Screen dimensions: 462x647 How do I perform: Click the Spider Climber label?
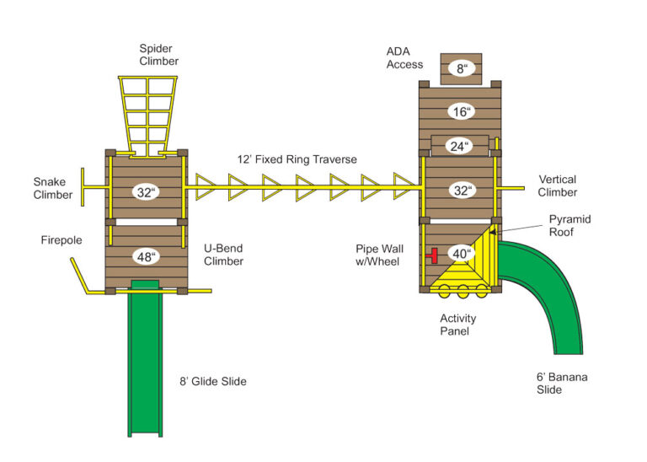point(158,54)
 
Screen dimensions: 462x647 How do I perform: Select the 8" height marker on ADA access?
point(462,69)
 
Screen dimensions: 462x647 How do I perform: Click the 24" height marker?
point(459,146)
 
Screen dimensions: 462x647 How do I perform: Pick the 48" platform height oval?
point(146,256)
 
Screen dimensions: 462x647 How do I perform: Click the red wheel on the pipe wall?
point(433,254)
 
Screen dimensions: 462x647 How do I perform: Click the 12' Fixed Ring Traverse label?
point(297,159)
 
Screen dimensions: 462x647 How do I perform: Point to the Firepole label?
point(61,240)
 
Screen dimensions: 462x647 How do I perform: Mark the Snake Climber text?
point(51,188)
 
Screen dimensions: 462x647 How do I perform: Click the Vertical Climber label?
point(557,185)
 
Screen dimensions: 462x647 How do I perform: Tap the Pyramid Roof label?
point(569,225)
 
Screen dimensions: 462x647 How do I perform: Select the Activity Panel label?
point(457,325)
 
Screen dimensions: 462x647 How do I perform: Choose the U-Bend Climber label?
point(223,255)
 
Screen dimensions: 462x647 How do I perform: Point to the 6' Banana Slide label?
point(562,383)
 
